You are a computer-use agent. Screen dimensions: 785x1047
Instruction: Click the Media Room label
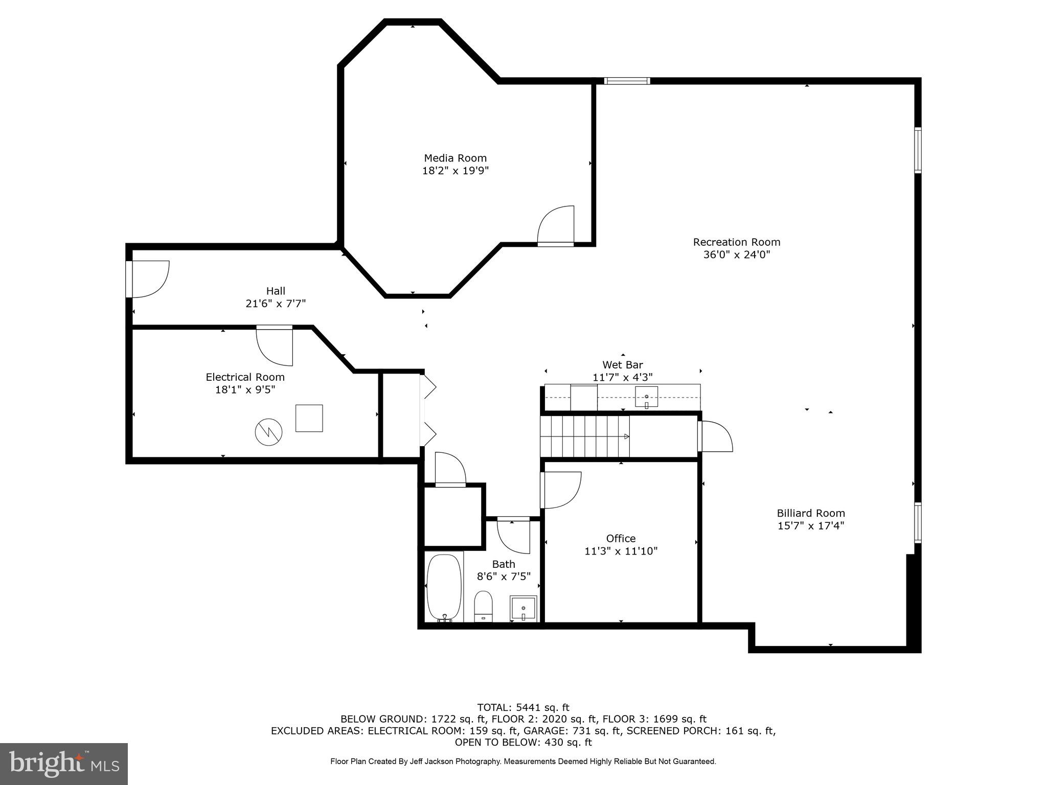coord(455,158)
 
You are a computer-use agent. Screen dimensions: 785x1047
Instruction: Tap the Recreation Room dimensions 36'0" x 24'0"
coord(736,255)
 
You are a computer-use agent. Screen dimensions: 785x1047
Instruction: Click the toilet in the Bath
coord(483,607)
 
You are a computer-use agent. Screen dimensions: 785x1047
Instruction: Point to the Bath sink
coord(523,608)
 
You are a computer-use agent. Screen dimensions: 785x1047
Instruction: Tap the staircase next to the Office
coord(585,436)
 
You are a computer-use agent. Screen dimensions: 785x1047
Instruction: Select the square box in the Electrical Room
coord(309,418)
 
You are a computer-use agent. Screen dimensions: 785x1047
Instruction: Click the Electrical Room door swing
coord(275,347)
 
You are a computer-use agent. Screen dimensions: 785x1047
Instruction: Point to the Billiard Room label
coord(810,513)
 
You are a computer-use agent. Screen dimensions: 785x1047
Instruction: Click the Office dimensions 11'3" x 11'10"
coord(621,551)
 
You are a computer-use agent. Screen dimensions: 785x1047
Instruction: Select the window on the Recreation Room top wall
coord(627,81)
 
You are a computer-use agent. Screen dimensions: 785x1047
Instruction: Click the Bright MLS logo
coord(64,764)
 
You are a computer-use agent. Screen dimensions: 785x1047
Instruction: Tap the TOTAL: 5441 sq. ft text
coord(523,707)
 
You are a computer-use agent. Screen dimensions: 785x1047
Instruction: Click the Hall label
coord(276,291)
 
